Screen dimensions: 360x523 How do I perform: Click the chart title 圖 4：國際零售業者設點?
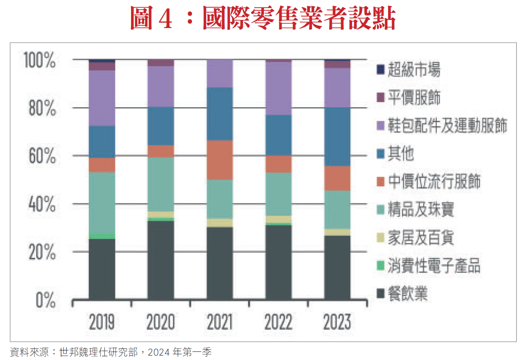(263, 18)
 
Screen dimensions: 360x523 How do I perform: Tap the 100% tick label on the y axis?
(39, 60)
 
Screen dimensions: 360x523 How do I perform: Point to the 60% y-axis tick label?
(42, 156)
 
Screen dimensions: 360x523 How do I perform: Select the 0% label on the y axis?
(46, 300)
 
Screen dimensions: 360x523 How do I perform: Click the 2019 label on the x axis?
(102, 322)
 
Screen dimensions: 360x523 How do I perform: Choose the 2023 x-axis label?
(337, 322)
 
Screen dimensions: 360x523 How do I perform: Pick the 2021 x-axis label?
(220, 322)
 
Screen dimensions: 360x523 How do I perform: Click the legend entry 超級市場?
(414, 69)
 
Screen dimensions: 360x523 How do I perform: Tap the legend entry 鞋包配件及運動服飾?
(447, 125)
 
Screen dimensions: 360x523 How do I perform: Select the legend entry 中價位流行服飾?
(434, 181)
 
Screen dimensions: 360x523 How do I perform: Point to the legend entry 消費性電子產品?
(434, 265)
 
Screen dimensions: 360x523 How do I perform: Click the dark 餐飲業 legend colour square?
(380, 294)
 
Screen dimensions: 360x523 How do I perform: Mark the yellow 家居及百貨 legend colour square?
(380, 238)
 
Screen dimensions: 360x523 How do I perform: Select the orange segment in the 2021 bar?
(220, 160)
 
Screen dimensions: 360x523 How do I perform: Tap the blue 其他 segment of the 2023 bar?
(337, 136)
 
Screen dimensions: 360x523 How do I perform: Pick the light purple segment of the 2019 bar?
(102, 98)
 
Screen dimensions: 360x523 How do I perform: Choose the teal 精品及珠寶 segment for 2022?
(279, 194)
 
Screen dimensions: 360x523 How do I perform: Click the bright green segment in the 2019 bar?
(102, 236)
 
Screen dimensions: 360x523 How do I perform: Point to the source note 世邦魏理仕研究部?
(98, 352)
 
